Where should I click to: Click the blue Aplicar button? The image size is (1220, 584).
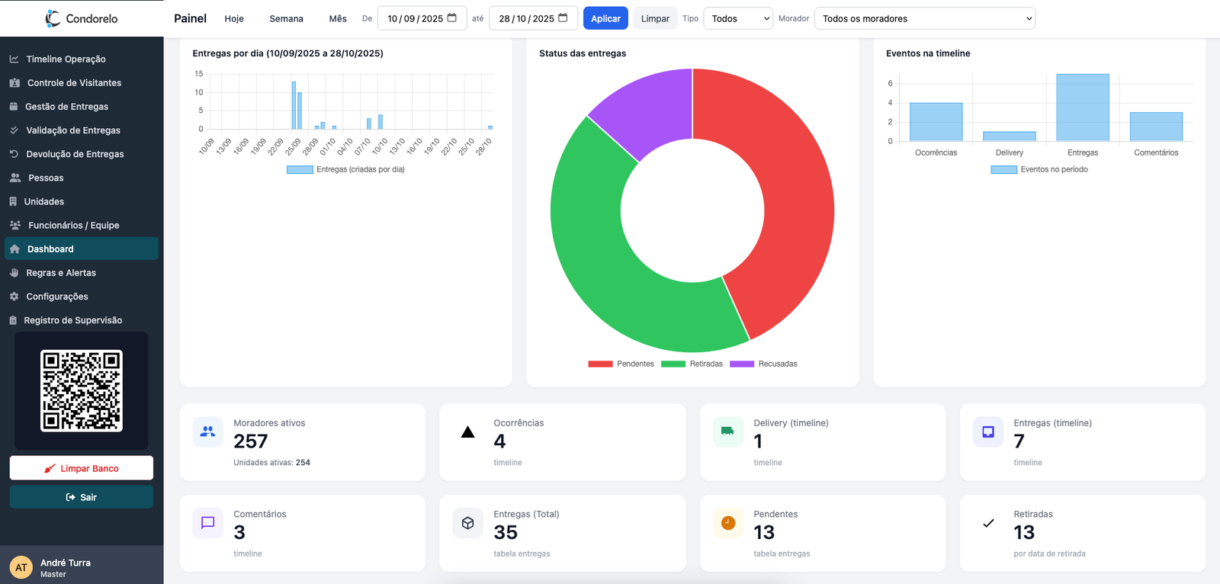tap(605, 18)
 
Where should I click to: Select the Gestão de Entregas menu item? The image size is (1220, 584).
tap(67, 107)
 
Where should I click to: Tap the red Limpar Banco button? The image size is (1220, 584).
tap(82, 468)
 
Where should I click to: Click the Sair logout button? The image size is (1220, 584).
tap(82, 497)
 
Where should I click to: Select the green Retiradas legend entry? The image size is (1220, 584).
tap(692, 364)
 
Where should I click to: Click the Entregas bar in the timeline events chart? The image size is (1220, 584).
tap(1082, 107)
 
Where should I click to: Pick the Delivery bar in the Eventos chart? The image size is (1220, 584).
tap(1009, 136)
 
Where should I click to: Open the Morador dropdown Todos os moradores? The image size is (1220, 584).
tap(924, 18)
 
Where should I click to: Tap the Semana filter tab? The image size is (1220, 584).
tap(286, 18)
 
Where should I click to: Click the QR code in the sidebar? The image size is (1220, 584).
tap(82, 390)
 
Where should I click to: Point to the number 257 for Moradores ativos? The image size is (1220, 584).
tap(250, 441)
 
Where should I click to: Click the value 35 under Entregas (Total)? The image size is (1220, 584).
tap(506, 532)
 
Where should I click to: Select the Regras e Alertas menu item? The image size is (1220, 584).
tap(61, 273)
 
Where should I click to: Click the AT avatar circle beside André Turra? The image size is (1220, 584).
tap(21, 567)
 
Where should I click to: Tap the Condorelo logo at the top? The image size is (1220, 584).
tap(82, 18)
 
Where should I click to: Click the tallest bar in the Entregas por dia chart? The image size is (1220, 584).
tap(294, 106)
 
